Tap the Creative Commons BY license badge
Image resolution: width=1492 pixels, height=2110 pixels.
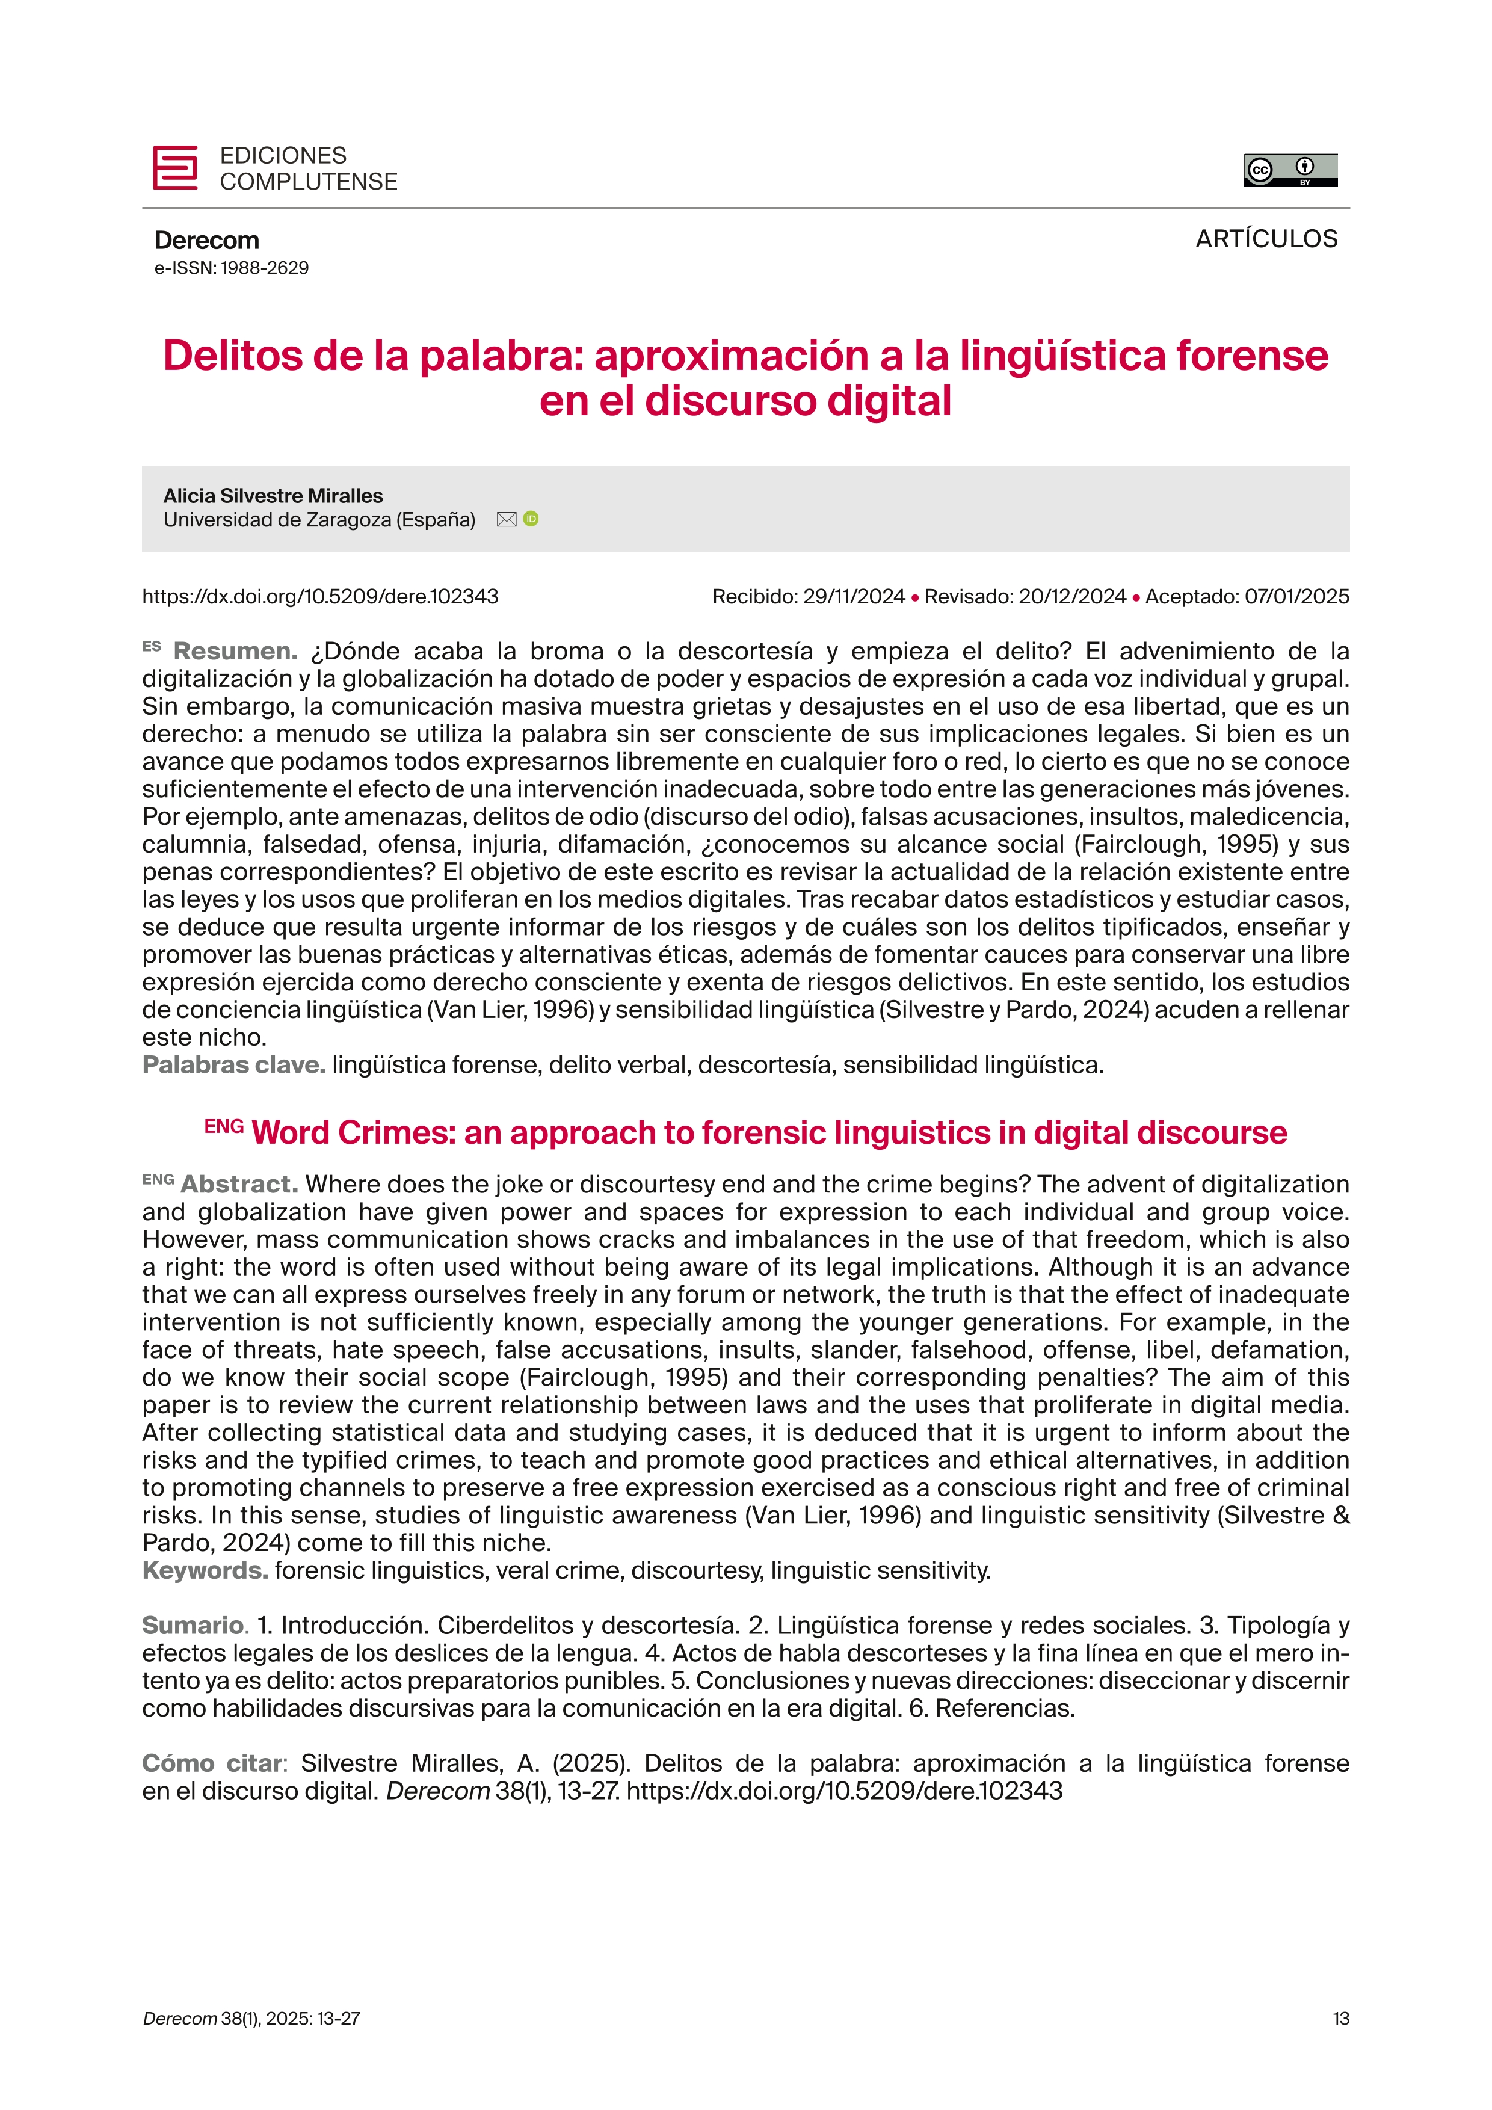1290,170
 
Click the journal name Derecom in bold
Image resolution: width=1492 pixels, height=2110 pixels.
207,241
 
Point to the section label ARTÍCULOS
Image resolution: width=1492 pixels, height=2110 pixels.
1266,239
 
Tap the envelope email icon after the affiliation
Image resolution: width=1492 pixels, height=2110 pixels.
506,519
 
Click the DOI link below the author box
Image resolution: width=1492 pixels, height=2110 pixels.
319,596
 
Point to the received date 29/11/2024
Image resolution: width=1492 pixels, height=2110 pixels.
854,596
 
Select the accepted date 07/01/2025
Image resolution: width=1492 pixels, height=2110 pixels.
1296,596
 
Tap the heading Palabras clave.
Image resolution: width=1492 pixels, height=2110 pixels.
233,1065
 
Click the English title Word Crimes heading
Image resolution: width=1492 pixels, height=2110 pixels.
768,1132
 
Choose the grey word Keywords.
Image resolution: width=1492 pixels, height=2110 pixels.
205,1570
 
